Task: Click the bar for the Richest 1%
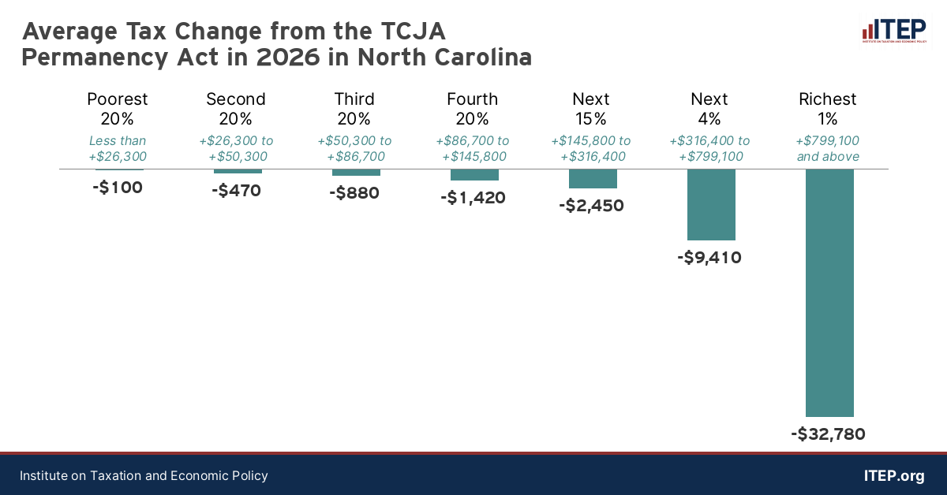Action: click(829, 292)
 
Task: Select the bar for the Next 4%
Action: click(711, 204)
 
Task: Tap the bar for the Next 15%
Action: click(593, 179)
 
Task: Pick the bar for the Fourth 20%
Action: click(474, 175)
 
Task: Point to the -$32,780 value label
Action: click(828, 434)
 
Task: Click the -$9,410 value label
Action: click(709, 257)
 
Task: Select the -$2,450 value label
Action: click(591, 206)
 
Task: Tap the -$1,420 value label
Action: click(473, 198)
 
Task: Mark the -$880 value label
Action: click(354, 192)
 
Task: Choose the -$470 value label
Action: click(236, 190)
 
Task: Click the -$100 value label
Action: click(118, 188)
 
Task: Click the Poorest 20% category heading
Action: click(118, 109)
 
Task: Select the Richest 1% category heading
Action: click(828, 109)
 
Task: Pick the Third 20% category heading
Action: click(354, 109)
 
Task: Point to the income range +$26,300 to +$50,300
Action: click(236, 148)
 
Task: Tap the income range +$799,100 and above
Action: click(828, 148)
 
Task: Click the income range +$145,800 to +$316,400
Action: click(591, 148)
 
